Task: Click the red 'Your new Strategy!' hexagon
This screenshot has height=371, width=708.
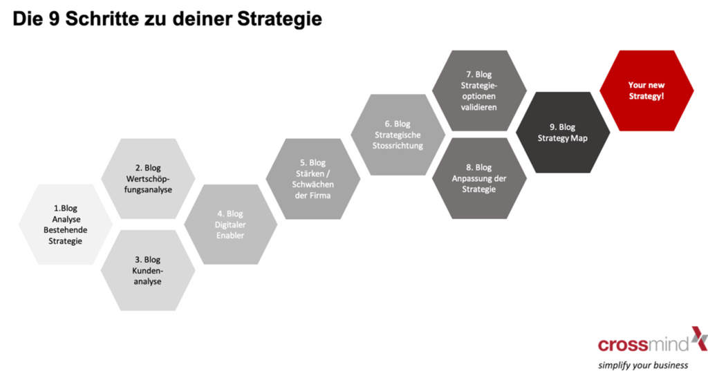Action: click(x=646, y=91)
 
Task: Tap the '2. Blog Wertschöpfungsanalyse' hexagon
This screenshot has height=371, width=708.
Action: click(x=149, y=179)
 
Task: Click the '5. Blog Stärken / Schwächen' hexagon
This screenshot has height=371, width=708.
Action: click(x=313, y=179)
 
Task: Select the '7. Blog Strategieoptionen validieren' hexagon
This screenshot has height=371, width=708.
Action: click(x=478, y=91)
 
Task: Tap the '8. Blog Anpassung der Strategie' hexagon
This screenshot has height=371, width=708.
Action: click(x=478, y=179)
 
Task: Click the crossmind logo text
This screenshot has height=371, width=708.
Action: click(x=643, y=343)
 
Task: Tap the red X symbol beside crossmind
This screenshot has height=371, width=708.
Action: click(x=698, y=338)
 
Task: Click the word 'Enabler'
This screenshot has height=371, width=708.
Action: click(x=230, y=236)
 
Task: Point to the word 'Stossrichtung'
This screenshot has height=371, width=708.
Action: click(x=398, y=145)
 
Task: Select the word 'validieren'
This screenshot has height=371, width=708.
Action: click(x=478, y=107)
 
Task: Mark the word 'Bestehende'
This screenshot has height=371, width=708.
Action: click(x=66, y=230)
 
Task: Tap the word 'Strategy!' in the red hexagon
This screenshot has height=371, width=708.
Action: click(x=646, y=96)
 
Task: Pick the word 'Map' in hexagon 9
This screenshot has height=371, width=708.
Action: click(x=579, y=138)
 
